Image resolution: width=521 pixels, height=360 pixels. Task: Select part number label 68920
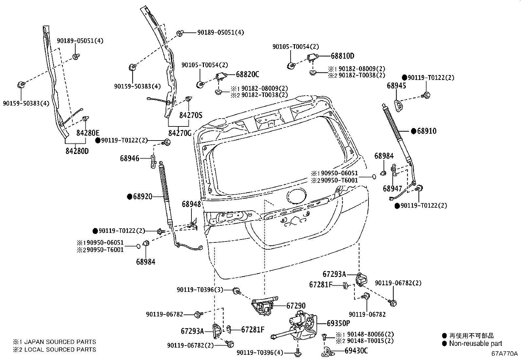[143, 197]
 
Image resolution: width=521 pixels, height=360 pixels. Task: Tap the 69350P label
[338, 323]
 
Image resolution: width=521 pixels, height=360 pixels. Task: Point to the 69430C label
[356, 351]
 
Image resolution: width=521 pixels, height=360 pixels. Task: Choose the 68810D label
[342, 56]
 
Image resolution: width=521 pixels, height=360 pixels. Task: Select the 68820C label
[247, 74]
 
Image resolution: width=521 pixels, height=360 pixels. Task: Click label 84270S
[191, 115]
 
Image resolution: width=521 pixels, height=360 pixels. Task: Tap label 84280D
[77, 151]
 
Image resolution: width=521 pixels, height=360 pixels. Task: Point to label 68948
[191, 204]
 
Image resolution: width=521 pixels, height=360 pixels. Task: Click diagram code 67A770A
[504, 354]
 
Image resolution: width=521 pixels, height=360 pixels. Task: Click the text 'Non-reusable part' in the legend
[476, 344]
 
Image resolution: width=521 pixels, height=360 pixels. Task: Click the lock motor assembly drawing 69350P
[301, 326]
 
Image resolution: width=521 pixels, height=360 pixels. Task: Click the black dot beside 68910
[414, 131]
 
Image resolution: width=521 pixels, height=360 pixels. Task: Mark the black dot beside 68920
[130, 197]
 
